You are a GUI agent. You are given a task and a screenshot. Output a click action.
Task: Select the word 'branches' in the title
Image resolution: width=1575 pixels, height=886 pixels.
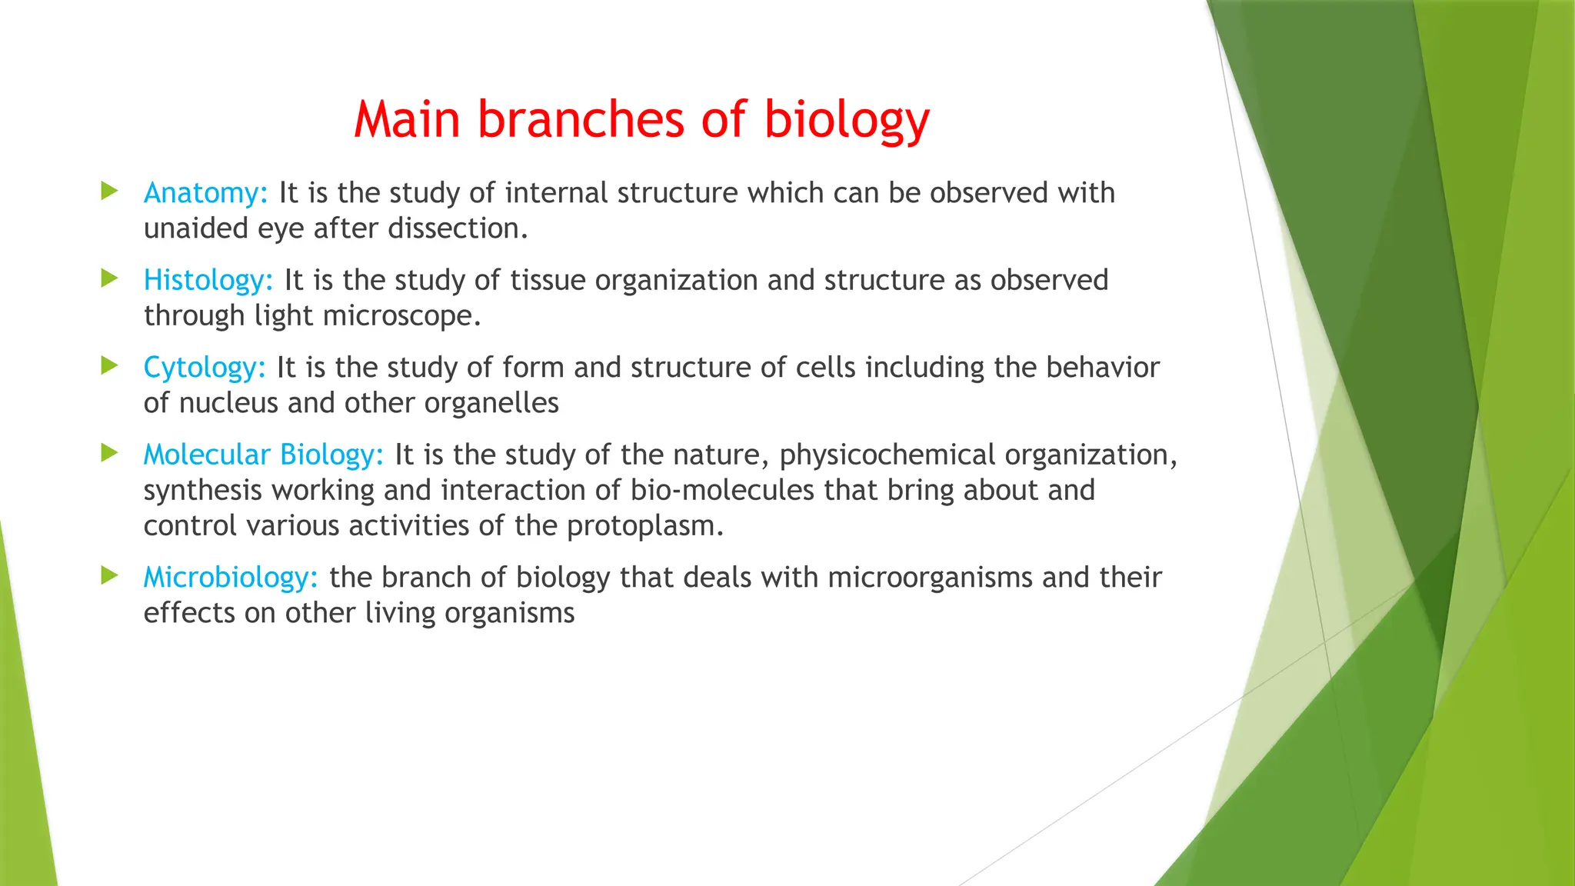pyautogui.click(x=580, y=120)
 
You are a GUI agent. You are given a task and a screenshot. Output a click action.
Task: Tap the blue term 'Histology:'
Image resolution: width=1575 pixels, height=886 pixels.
pyautogui.click(x=208, y=280)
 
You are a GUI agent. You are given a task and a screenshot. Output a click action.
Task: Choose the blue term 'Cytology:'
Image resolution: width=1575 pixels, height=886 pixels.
pyautogui.click(x=205, y=368)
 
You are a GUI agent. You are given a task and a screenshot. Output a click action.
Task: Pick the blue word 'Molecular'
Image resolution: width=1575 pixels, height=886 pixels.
pyautogui.click(x=207, y=455)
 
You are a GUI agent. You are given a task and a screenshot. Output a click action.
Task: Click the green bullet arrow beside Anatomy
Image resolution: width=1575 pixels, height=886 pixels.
pyautogui.click(x=109, y=191)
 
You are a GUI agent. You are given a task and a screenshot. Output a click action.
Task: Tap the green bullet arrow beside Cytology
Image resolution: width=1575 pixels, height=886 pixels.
pyautogui.click(x=109, y=365)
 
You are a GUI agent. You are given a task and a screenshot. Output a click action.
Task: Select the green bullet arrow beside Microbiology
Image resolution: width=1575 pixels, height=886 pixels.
pyautogui.click(x=109, y=575)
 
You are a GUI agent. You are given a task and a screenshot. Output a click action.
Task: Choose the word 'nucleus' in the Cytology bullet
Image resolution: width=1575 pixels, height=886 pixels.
pyautogui.click(x=228, y=403)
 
